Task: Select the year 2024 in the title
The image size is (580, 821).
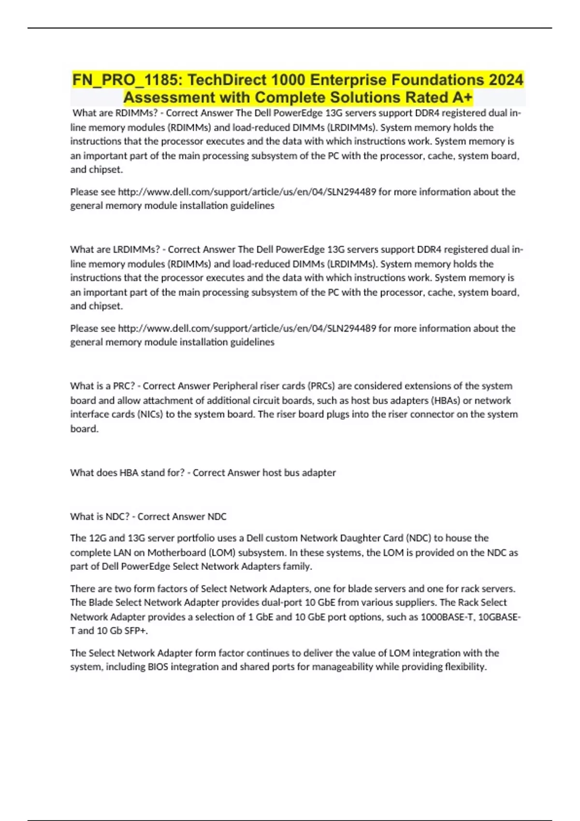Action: point(506,80)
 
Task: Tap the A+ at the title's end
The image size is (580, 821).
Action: point(462,98)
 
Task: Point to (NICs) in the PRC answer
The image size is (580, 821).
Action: point(150,414)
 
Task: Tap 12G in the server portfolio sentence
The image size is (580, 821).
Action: point(94,538)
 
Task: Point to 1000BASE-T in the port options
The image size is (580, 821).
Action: point(447,617)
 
